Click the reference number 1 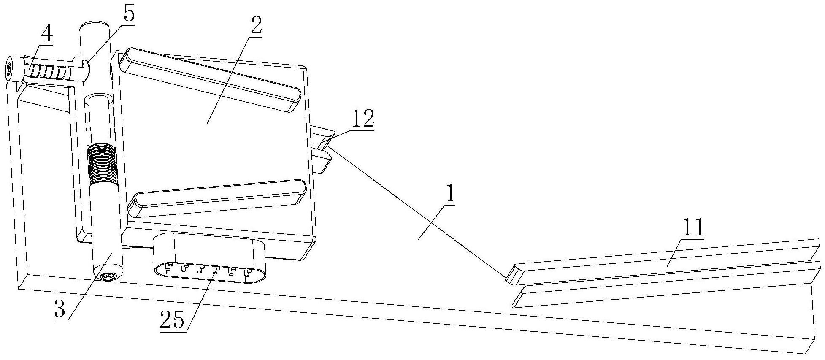[450, 195]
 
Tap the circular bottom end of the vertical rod [107, 276]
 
